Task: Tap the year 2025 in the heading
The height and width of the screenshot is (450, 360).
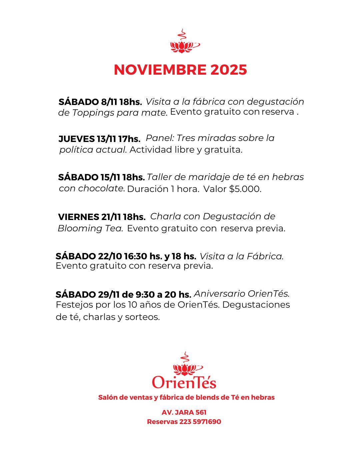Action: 229,70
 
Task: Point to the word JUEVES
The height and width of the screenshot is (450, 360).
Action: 77,139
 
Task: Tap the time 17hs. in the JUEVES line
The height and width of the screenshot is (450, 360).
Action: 129,139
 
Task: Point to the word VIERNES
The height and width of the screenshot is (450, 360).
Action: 79,217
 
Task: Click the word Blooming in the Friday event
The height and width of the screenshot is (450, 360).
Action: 80,228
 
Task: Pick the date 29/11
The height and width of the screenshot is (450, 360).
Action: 109,294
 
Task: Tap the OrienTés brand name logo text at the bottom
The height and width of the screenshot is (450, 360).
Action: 184,382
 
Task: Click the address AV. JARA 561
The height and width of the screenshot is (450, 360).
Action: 184,412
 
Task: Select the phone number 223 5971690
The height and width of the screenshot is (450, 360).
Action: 200,422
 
